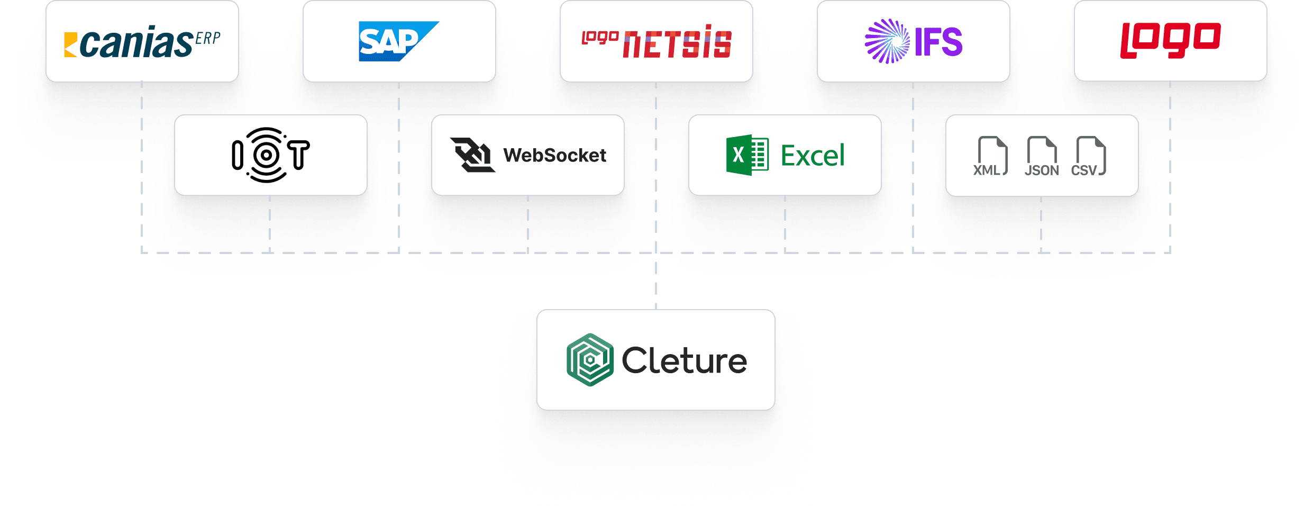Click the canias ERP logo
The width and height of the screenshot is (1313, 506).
click(x=142, y=42)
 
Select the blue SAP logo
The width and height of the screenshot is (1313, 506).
click(x=398, y=41)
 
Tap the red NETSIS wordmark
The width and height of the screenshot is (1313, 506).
click(x=677, y=44)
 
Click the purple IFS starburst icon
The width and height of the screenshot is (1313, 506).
click(x=887, y=41)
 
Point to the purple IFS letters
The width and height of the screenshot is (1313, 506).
click(x=938, y=42)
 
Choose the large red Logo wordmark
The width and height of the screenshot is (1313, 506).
click(x=1170, y=40)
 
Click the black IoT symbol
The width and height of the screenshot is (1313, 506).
click(x=270, y=155)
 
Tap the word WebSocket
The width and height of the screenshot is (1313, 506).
click(x=554, y=156)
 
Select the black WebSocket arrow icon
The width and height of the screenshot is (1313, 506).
click(x=472, y=155)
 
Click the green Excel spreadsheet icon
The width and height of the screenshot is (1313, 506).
click(x=747, y=155)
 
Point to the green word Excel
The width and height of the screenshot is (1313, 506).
click(x=813, y=156)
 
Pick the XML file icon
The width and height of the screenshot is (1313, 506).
click(x=990, y=156)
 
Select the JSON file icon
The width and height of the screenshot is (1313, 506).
click(x=1041, y=156)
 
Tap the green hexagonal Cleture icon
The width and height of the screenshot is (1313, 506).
click(x=590, y=360)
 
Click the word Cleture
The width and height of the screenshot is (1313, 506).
click(x=684, y=361)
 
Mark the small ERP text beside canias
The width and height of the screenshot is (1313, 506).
click(x=207, y=39)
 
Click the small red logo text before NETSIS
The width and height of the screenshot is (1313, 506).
click(x=600, y=38)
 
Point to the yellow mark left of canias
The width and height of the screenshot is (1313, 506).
click(x=70, y=44)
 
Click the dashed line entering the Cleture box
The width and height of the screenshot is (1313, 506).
click(x=656, y=296)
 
